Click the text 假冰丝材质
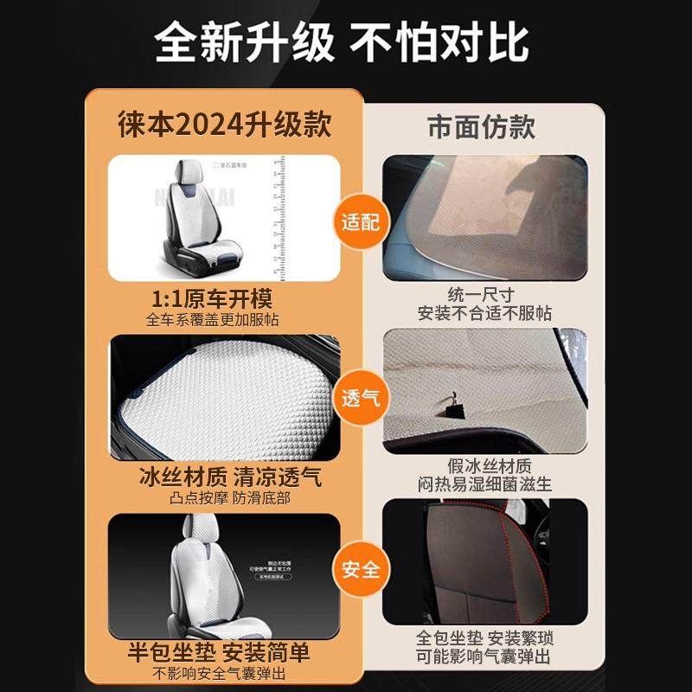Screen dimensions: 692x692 click(x=483, y=467)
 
